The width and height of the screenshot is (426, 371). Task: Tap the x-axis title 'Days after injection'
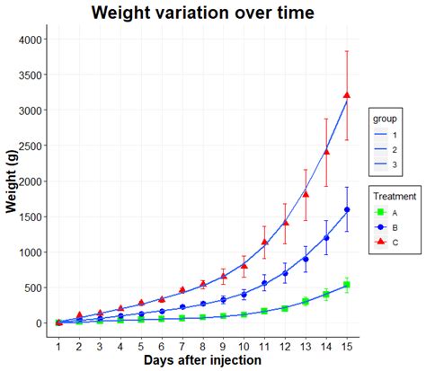click(x=202, y=359)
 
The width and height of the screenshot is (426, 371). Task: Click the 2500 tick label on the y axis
click(x=29, y=146)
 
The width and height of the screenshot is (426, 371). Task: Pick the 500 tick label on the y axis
click(x=32, y=288)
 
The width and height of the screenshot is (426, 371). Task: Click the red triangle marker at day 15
click(x=347, y=95)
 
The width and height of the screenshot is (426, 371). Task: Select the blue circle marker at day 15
click(x=347, y=210)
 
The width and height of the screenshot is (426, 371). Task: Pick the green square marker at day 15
click(x=347, y=285)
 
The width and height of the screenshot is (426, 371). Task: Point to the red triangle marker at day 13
click(x=306, y=194)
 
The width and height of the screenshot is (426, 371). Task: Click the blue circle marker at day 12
click(x=285, y=273)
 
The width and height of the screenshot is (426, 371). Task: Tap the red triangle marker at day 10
click(x=244, y=266)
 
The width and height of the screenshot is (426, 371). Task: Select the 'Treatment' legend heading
click(x=395, y=196)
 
